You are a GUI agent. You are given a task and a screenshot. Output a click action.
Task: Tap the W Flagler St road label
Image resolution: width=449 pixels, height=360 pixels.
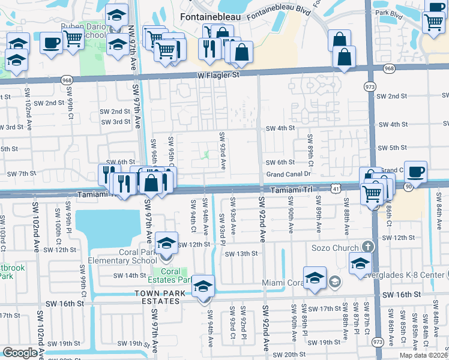point(217,75)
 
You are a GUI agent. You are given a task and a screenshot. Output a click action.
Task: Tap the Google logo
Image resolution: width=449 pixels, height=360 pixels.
point(20,353)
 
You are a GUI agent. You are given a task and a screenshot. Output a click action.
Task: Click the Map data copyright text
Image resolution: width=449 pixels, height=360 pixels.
point(424,355)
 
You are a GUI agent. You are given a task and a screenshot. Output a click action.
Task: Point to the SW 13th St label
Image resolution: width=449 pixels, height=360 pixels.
point(241,254)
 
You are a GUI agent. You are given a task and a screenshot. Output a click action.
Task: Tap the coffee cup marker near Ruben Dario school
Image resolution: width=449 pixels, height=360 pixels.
point(50,44)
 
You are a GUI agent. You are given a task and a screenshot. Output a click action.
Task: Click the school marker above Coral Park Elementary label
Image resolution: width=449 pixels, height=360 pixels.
point(166,243)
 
